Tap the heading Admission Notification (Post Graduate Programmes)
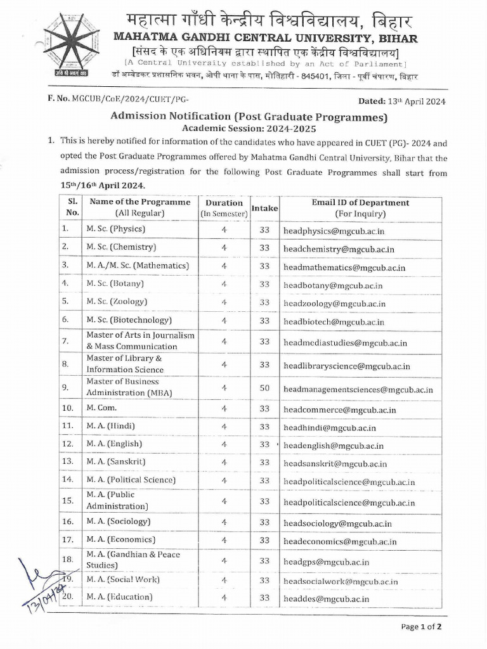[249, 117]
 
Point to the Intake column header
[264, 208]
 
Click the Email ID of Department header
[360, 208]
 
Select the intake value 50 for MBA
[264, 387]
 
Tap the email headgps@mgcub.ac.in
[326, 562]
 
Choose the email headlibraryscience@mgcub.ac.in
[347, 366]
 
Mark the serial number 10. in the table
[68, 409]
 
